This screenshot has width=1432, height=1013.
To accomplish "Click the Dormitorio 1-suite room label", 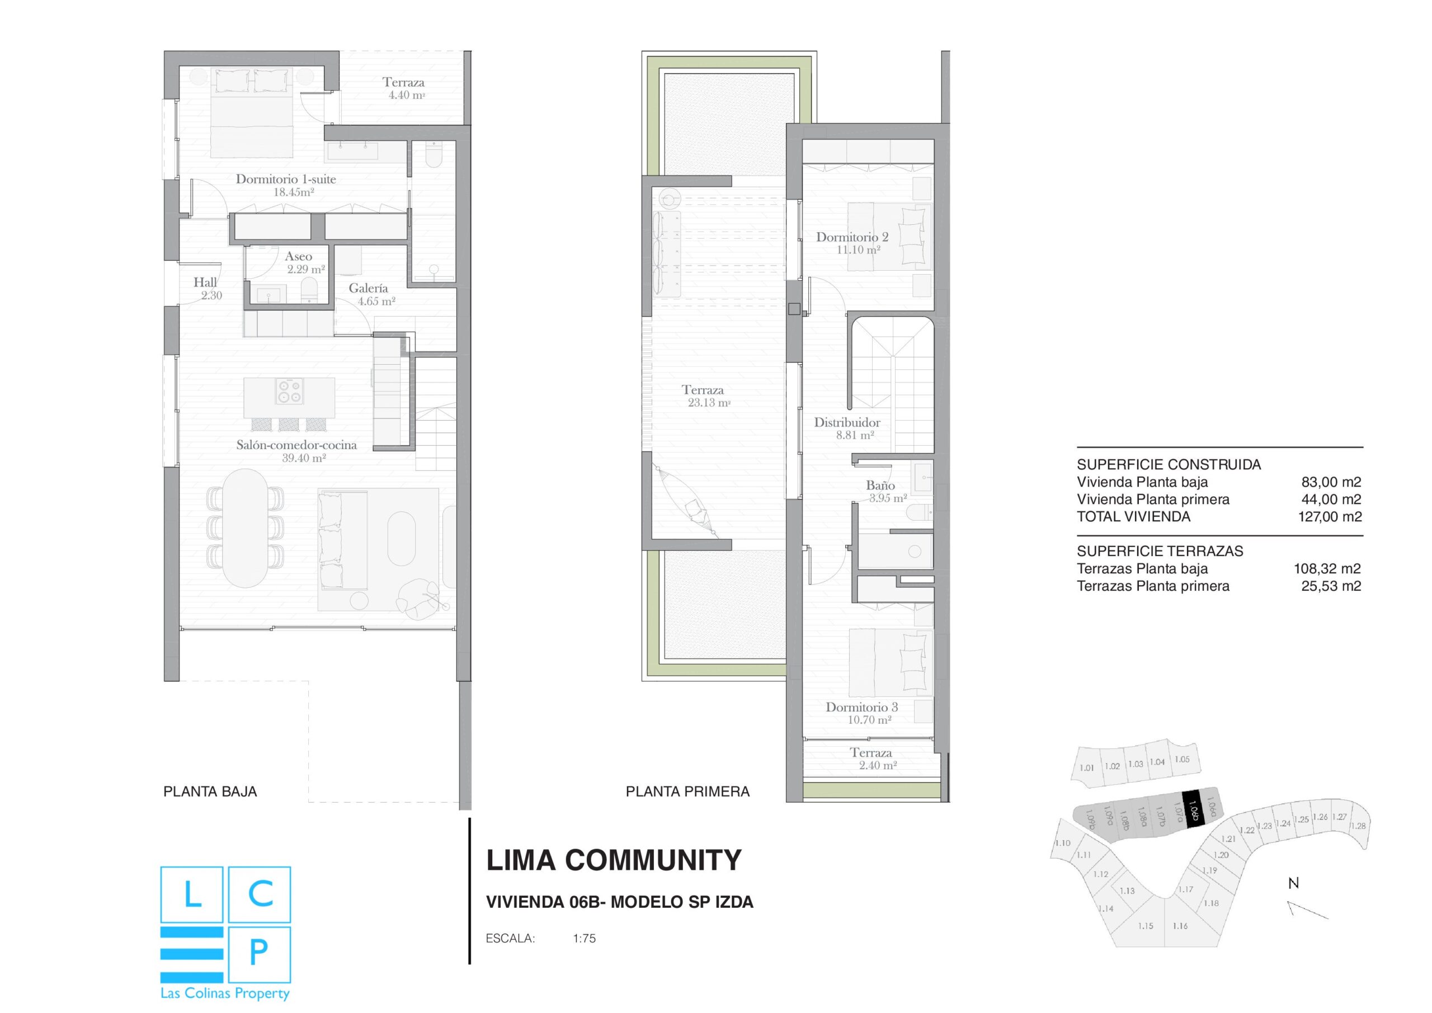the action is tap(286, 179).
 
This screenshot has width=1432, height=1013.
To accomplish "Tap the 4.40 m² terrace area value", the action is tap(407, 95).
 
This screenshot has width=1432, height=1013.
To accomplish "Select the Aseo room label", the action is tap(298, 256).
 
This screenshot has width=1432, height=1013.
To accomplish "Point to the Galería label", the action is tap(368, 288).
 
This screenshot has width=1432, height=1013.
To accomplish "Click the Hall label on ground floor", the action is tap(205, 282).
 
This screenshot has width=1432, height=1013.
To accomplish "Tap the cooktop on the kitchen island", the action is tap(289, 390).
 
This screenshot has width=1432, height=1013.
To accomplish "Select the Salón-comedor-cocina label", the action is tap(296, 445).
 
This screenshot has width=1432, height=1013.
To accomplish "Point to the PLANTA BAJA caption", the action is tap(210, 791).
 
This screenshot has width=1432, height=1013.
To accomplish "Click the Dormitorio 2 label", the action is tap(852, 237).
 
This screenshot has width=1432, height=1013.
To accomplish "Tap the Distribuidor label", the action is tap(847, 422).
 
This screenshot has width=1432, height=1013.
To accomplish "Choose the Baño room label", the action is tap(880, 486).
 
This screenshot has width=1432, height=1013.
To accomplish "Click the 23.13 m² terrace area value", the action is tap(709, 403).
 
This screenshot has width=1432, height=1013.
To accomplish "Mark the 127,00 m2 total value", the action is tap(1330, 516).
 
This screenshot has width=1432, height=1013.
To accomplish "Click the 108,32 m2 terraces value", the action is tap(1327, 568).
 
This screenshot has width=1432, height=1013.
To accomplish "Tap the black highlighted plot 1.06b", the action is tap(1193, 809).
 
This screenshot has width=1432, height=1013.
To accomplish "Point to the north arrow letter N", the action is tap(1293, 883).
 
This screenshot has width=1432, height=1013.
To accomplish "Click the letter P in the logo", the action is tap(258, 953).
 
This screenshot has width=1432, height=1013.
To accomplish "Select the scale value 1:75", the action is tap(585, 938).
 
